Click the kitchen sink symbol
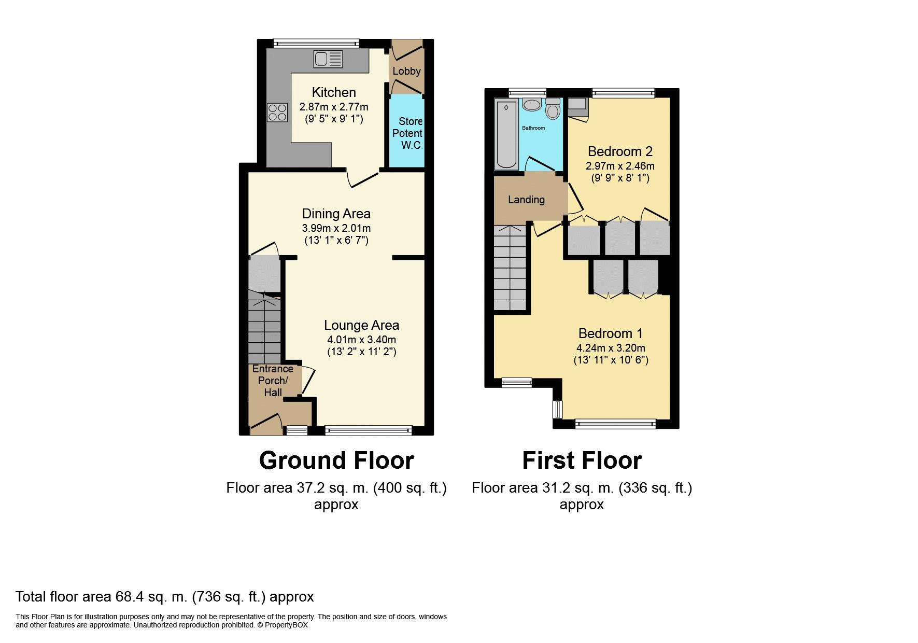click(328, 59)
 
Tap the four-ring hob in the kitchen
click(277, 113)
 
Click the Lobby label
click(406, 71)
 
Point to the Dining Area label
click(336, 214)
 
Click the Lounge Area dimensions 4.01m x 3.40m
click(361, 340)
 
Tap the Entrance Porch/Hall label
click(273, 380)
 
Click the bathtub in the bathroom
click(506, 135)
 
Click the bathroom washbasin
click(531, 105)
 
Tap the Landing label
click(526, 200)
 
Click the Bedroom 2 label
click(620, 151)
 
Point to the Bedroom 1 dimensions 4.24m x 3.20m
click(611, 348)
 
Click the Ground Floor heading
click(336, 460)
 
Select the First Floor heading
click(582, 460)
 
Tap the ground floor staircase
click(264, 327)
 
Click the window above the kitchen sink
click(316, 44)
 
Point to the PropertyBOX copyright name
click(286, 625)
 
